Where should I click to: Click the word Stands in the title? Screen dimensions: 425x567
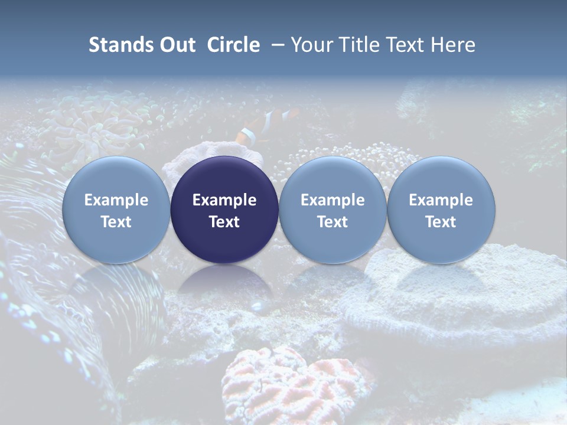[120, 45]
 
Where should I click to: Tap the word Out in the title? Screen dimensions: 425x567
[176, 45]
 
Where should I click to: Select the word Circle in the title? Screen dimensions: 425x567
[233, 45]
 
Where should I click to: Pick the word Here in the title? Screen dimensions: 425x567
[452, 45]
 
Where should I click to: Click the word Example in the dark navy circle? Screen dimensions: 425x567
[224, 200]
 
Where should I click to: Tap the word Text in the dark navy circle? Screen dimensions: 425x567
[224, 222]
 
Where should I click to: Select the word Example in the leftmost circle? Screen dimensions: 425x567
[116, 200]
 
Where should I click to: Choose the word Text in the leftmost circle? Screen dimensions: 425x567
[116, 222]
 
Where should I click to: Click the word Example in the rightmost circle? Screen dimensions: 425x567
[441, 200]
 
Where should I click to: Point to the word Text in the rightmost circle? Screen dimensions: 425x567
[441, 222]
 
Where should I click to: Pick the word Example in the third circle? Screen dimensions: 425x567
[333, 200]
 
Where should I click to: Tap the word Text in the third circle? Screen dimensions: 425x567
[333, 222]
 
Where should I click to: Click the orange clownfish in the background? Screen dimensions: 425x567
[260, 127]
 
